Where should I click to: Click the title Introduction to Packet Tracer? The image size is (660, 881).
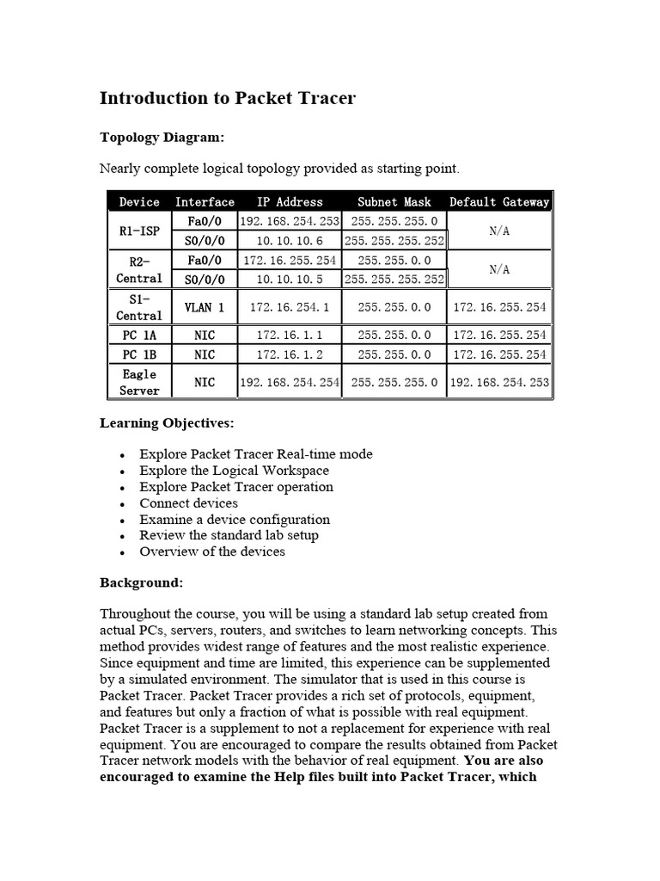tap(227, 98)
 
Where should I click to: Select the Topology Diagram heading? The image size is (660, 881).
tap(162, 137)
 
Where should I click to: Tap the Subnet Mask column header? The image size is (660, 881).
tap(394, 202)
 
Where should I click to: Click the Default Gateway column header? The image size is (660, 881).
tap(499, 202)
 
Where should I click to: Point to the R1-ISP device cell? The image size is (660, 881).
tap(139, 231)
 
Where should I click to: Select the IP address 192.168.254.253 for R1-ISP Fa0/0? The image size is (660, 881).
tap(290, 221)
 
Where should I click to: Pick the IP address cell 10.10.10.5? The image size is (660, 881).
tap(290, 279)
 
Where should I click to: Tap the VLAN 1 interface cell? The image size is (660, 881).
tap(205, 307)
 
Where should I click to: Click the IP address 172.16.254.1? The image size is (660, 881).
tap(290, 307)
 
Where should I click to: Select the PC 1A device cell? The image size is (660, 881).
tap(139, 335)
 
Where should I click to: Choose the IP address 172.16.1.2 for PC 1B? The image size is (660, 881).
tap(290, 354)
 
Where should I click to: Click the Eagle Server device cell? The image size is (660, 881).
tap(139, 382)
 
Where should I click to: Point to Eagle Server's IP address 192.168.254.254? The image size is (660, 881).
tap(290, 382)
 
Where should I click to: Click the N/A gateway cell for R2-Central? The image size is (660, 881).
tap(499, 269)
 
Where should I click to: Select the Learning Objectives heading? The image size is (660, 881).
tap(167, 423)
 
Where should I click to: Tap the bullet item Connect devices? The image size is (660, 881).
tap(189, 503)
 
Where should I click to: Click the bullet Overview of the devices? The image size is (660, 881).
tap(212, 551)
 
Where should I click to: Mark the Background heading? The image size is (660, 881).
tap(141, 582)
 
